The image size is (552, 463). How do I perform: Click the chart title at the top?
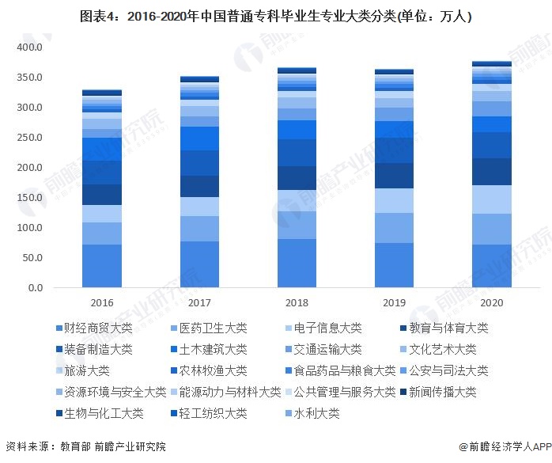[x=276, y=17]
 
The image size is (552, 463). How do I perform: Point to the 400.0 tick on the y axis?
[x=30, y=47]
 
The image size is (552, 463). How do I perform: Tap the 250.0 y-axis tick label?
[x=30, y=138]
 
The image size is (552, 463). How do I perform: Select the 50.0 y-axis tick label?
[x=32, y=258]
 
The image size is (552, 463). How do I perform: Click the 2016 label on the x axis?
[x=102, y=303]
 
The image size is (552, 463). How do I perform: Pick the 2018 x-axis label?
[x=297, y=303]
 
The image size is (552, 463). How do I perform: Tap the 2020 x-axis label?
[x=491, y=303]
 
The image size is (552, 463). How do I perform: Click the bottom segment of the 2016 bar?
[x=102, y=266]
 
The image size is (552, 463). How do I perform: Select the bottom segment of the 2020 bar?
[x=491, y=266]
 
